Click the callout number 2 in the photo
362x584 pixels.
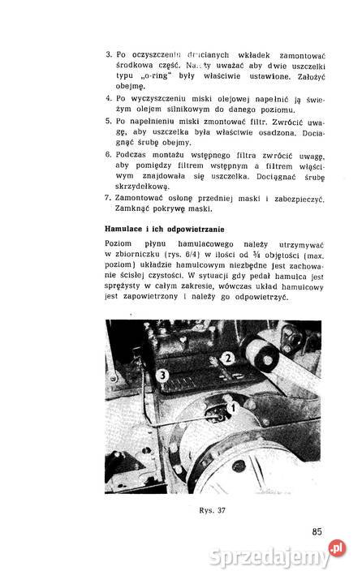click(x=229, y=356)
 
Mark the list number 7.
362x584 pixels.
click(x=109, y=198)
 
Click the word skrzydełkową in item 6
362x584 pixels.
click(x=150, y=186)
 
